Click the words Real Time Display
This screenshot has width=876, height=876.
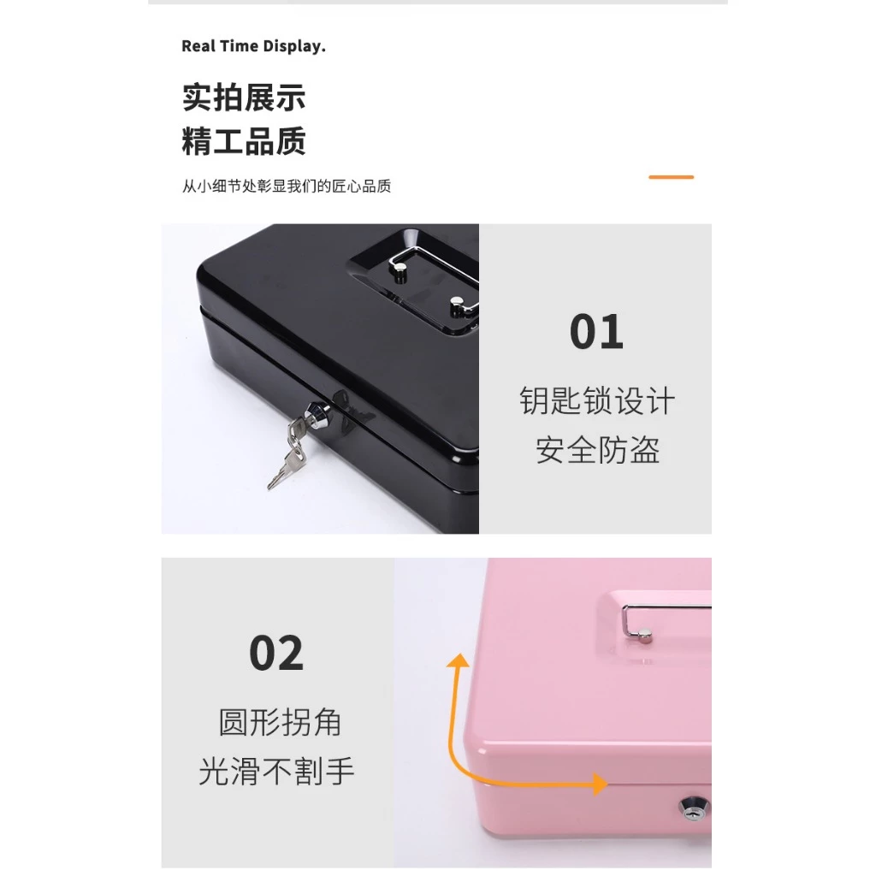[253, 46]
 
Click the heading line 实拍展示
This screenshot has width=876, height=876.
[244, 98]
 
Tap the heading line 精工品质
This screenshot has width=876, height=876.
[244, 141]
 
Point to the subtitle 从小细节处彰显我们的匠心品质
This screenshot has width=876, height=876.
[286, 186]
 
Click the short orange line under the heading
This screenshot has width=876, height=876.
[671, 177]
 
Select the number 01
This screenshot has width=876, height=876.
[596, 332]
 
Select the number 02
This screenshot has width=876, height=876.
[276, 653]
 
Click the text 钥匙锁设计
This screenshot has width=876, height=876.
[597, 400]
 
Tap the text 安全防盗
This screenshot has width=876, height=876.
[597, 450]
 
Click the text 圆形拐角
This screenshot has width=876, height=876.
[280, 722]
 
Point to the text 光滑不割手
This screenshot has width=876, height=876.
[276, 772]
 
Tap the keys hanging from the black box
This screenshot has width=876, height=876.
[287, 454]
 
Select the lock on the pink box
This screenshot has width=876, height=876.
[693, 808]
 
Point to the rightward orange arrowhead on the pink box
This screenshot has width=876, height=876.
[600, 784]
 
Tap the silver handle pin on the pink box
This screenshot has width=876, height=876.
[645, 636]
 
